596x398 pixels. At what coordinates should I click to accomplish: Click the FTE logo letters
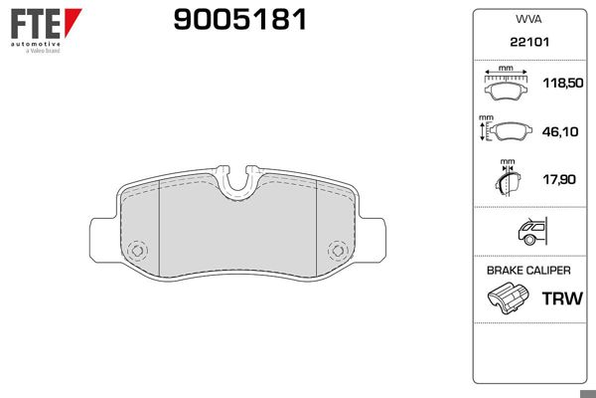(x=32, y=23)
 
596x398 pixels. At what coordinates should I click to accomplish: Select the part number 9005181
(x=239, y=21)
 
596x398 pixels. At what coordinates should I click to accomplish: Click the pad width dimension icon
(x=507, y=86)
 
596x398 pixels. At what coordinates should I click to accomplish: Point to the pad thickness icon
(x=506, y=180)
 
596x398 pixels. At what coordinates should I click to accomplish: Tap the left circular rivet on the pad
(x=138, y=249)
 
